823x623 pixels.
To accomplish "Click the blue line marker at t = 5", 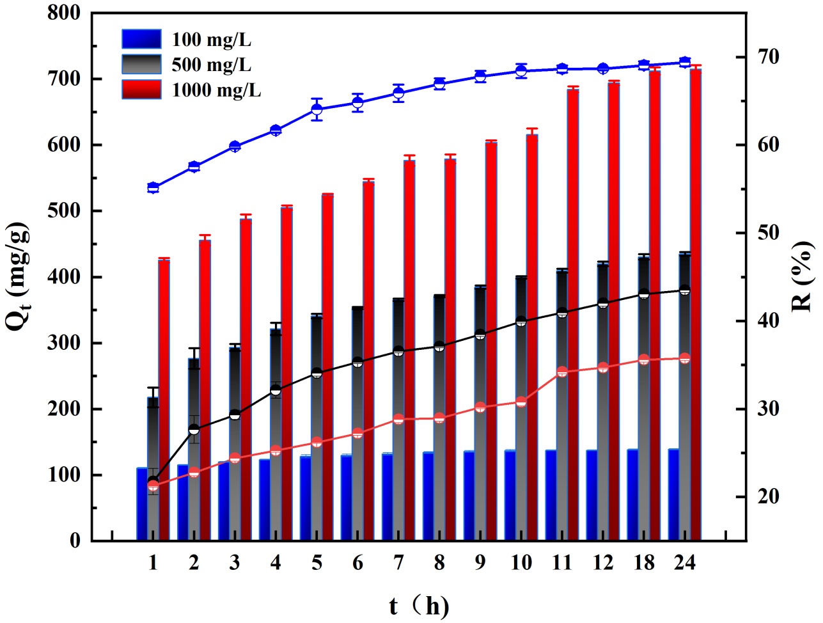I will (x=317, y=109).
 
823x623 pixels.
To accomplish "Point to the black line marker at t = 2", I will (x=194, y=429).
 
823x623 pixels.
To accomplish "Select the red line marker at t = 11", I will (x=562, y=372).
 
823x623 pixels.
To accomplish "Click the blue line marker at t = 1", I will (x=153, y=187).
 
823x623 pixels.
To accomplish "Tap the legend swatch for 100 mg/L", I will (x=141, y=40).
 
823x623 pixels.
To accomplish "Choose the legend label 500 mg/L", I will (x=211, y=65).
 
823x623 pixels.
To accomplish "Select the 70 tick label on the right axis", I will (x=765, y=58).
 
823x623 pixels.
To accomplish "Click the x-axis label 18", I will (x=644, y=563).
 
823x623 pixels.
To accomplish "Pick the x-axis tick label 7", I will (x=398, y=563).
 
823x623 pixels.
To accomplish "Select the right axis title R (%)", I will (x=802, y=276).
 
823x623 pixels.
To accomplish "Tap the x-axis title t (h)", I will (x=419, y=605).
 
